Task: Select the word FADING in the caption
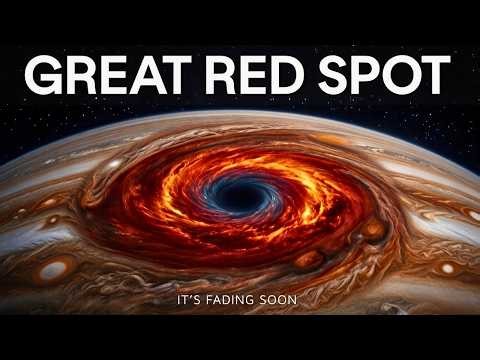click(232, 298)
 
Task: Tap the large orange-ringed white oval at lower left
click(56, 270)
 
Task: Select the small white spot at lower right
click(446, 268)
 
